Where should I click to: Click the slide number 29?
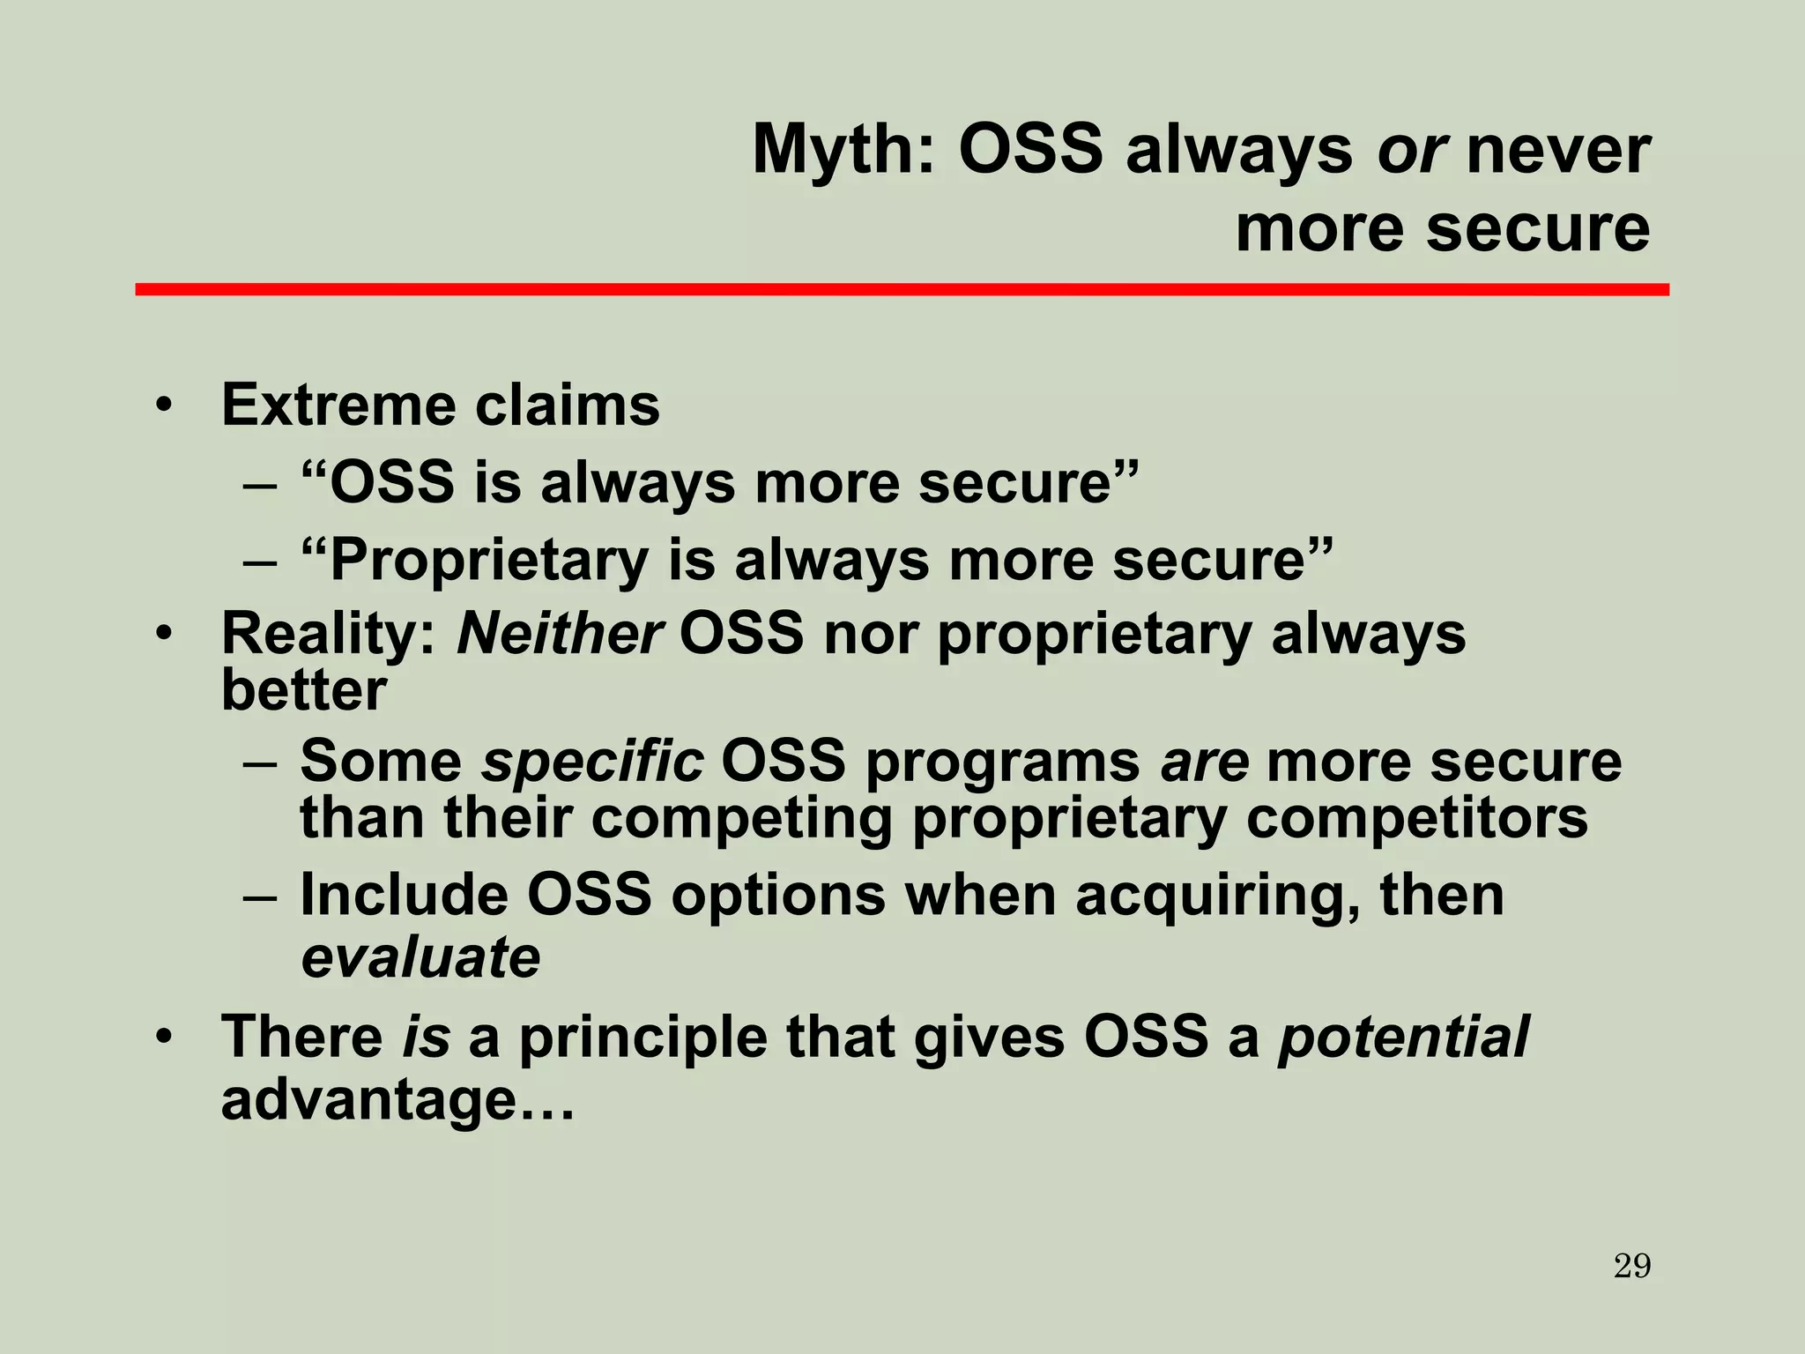(1632, 1267)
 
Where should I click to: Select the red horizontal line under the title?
(902, 289)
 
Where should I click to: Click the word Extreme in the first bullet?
(338, 405)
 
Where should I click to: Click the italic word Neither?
(560, 633)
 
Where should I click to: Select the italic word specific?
(591, 761)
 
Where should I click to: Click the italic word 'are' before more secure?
(1205, 761)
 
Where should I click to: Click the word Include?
(404, 896)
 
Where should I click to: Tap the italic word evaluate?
(420, 957)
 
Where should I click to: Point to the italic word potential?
(1403, 1037)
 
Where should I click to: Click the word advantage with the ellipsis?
(397, 1100)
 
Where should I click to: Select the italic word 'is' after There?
(426, 1037)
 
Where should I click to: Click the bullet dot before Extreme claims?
(163, 407)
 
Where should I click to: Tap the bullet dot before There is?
(163, 1038)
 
